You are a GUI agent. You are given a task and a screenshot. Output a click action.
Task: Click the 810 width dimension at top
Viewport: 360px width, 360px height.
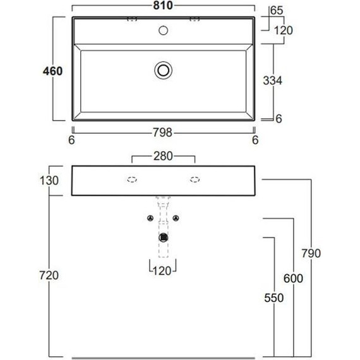pos(163,5)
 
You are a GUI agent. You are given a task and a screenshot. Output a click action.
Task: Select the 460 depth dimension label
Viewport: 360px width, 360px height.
pos(52,71)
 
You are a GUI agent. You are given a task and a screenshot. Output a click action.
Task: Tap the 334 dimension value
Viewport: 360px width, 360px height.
pos(272,81)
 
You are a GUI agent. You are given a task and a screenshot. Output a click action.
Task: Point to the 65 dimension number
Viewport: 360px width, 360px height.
pos(277,11)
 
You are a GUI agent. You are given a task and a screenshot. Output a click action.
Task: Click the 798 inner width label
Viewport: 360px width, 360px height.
pos(162,133)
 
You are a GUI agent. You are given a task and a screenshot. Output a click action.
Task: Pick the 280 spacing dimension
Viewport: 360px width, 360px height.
pos(163,156)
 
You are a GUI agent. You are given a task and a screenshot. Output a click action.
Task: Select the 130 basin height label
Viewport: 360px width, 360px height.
pos(49,181)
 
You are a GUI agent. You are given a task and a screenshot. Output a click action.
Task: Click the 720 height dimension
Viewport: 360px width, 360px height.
pos(49,275)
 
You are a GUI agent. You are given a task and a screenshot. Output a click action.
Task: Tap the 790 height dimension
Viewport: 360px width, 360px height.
pos(311,253)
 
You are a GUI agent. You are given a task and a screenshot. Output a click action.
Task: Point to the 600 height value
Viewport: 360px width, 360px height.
pos(293,279)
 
